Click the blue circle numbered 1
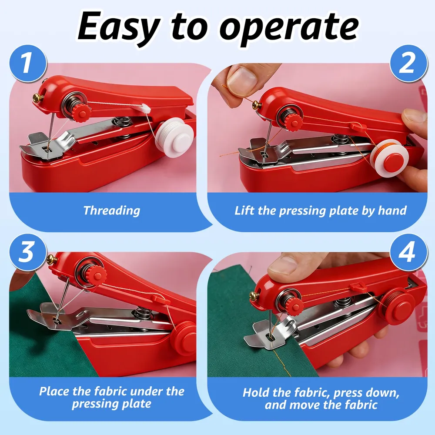[x=28, y=63]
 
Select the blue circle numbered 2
[x=408, y=63]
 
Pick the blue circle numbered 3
[x=28, y=252]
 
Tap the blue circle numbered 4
[x=408, y=252]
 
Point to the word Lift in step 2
[x=244, y=211]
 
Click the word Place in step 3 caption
[x=54, y=391]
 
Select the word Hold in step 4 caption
[x=256, y=392]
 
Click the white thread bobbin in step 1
[x=174, y=137]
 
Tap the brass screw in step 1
[x=38, y=98]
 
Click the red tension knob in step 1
[x=82, y=113]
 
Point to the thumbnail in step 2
[x=241, y=78]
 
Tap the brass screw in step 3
[x=52, y=259]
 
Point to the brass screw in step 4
[x=254, y=296]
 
